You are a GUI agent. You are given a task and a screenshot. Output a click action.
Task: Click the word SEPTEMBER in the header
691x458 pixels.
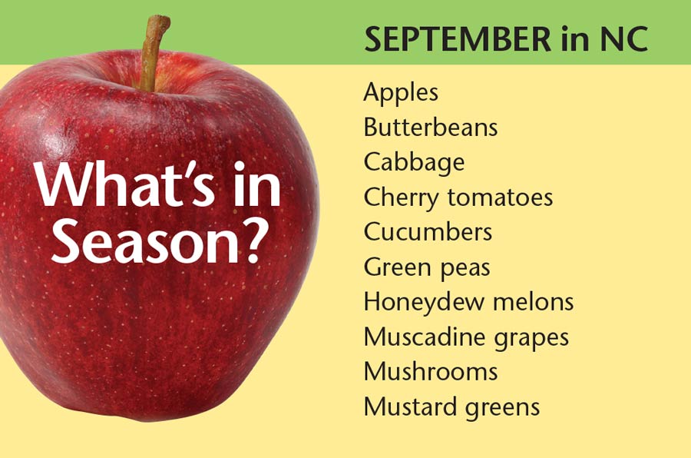[458, 39]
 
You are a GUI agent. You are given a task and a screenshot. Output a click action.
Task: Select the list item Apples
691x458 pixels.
[401, 94]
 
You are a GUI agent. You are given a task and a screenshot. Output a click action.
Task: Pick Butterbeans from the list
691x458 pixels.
[431, 127]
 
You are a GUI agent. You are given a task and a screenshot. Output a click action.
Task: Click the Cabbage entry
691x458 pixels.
[415, 163]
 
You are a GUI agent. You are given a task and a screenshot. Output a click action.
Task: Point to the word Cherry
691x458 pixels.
[402, 198]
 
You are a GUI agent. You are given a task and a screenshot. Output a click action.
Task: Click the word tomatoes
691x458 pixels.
[500, 197]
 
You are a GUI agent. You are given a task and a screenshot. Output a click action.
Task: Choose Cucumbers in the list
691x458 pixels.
[428, 232]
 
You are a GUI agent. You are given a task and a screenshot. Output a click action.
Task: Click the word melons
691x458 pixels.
[534, 302]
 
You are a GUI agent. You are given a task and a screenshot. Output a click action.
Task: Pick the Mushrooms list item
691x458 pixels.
[431, 371]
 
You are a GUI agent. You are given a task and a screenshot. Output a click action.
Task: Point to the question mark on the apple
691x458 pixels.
[254, 240]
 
